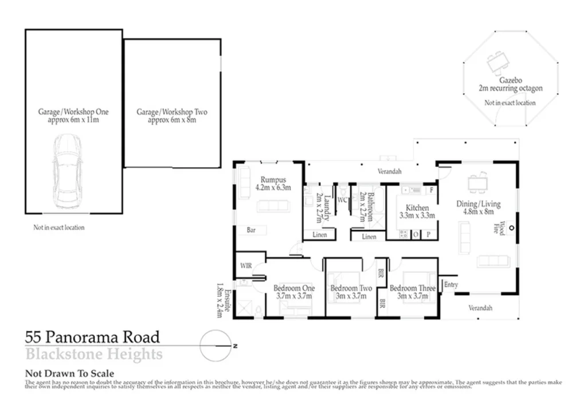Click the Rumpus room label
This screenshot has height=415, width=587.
click(273, 179)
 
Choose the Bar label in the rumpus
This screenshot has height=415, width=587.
click(251, 230)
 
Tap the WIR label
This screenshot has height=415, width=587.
click(246, 266)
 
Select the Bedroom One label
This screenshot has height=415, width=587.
click(293, 288)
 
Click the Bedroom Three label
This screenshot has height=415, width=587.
click(413, 288)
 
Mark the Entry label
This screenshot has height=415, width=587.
click(451, 285)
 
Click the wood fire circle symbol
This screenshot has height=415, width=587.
click(511, 228)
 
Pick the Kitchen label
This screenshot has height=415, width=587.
click(417, 207)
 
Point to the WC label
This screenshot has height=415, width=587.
click(343, 200)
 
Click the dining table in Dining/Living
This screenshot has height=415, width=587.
click(477, 184)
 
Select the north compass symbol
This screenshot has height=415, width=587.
click(217, 346)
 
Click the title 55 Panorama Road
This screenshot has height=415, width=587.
click(92, 337)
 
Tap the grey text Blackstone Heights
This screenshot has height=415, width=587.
click(94, 354)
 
